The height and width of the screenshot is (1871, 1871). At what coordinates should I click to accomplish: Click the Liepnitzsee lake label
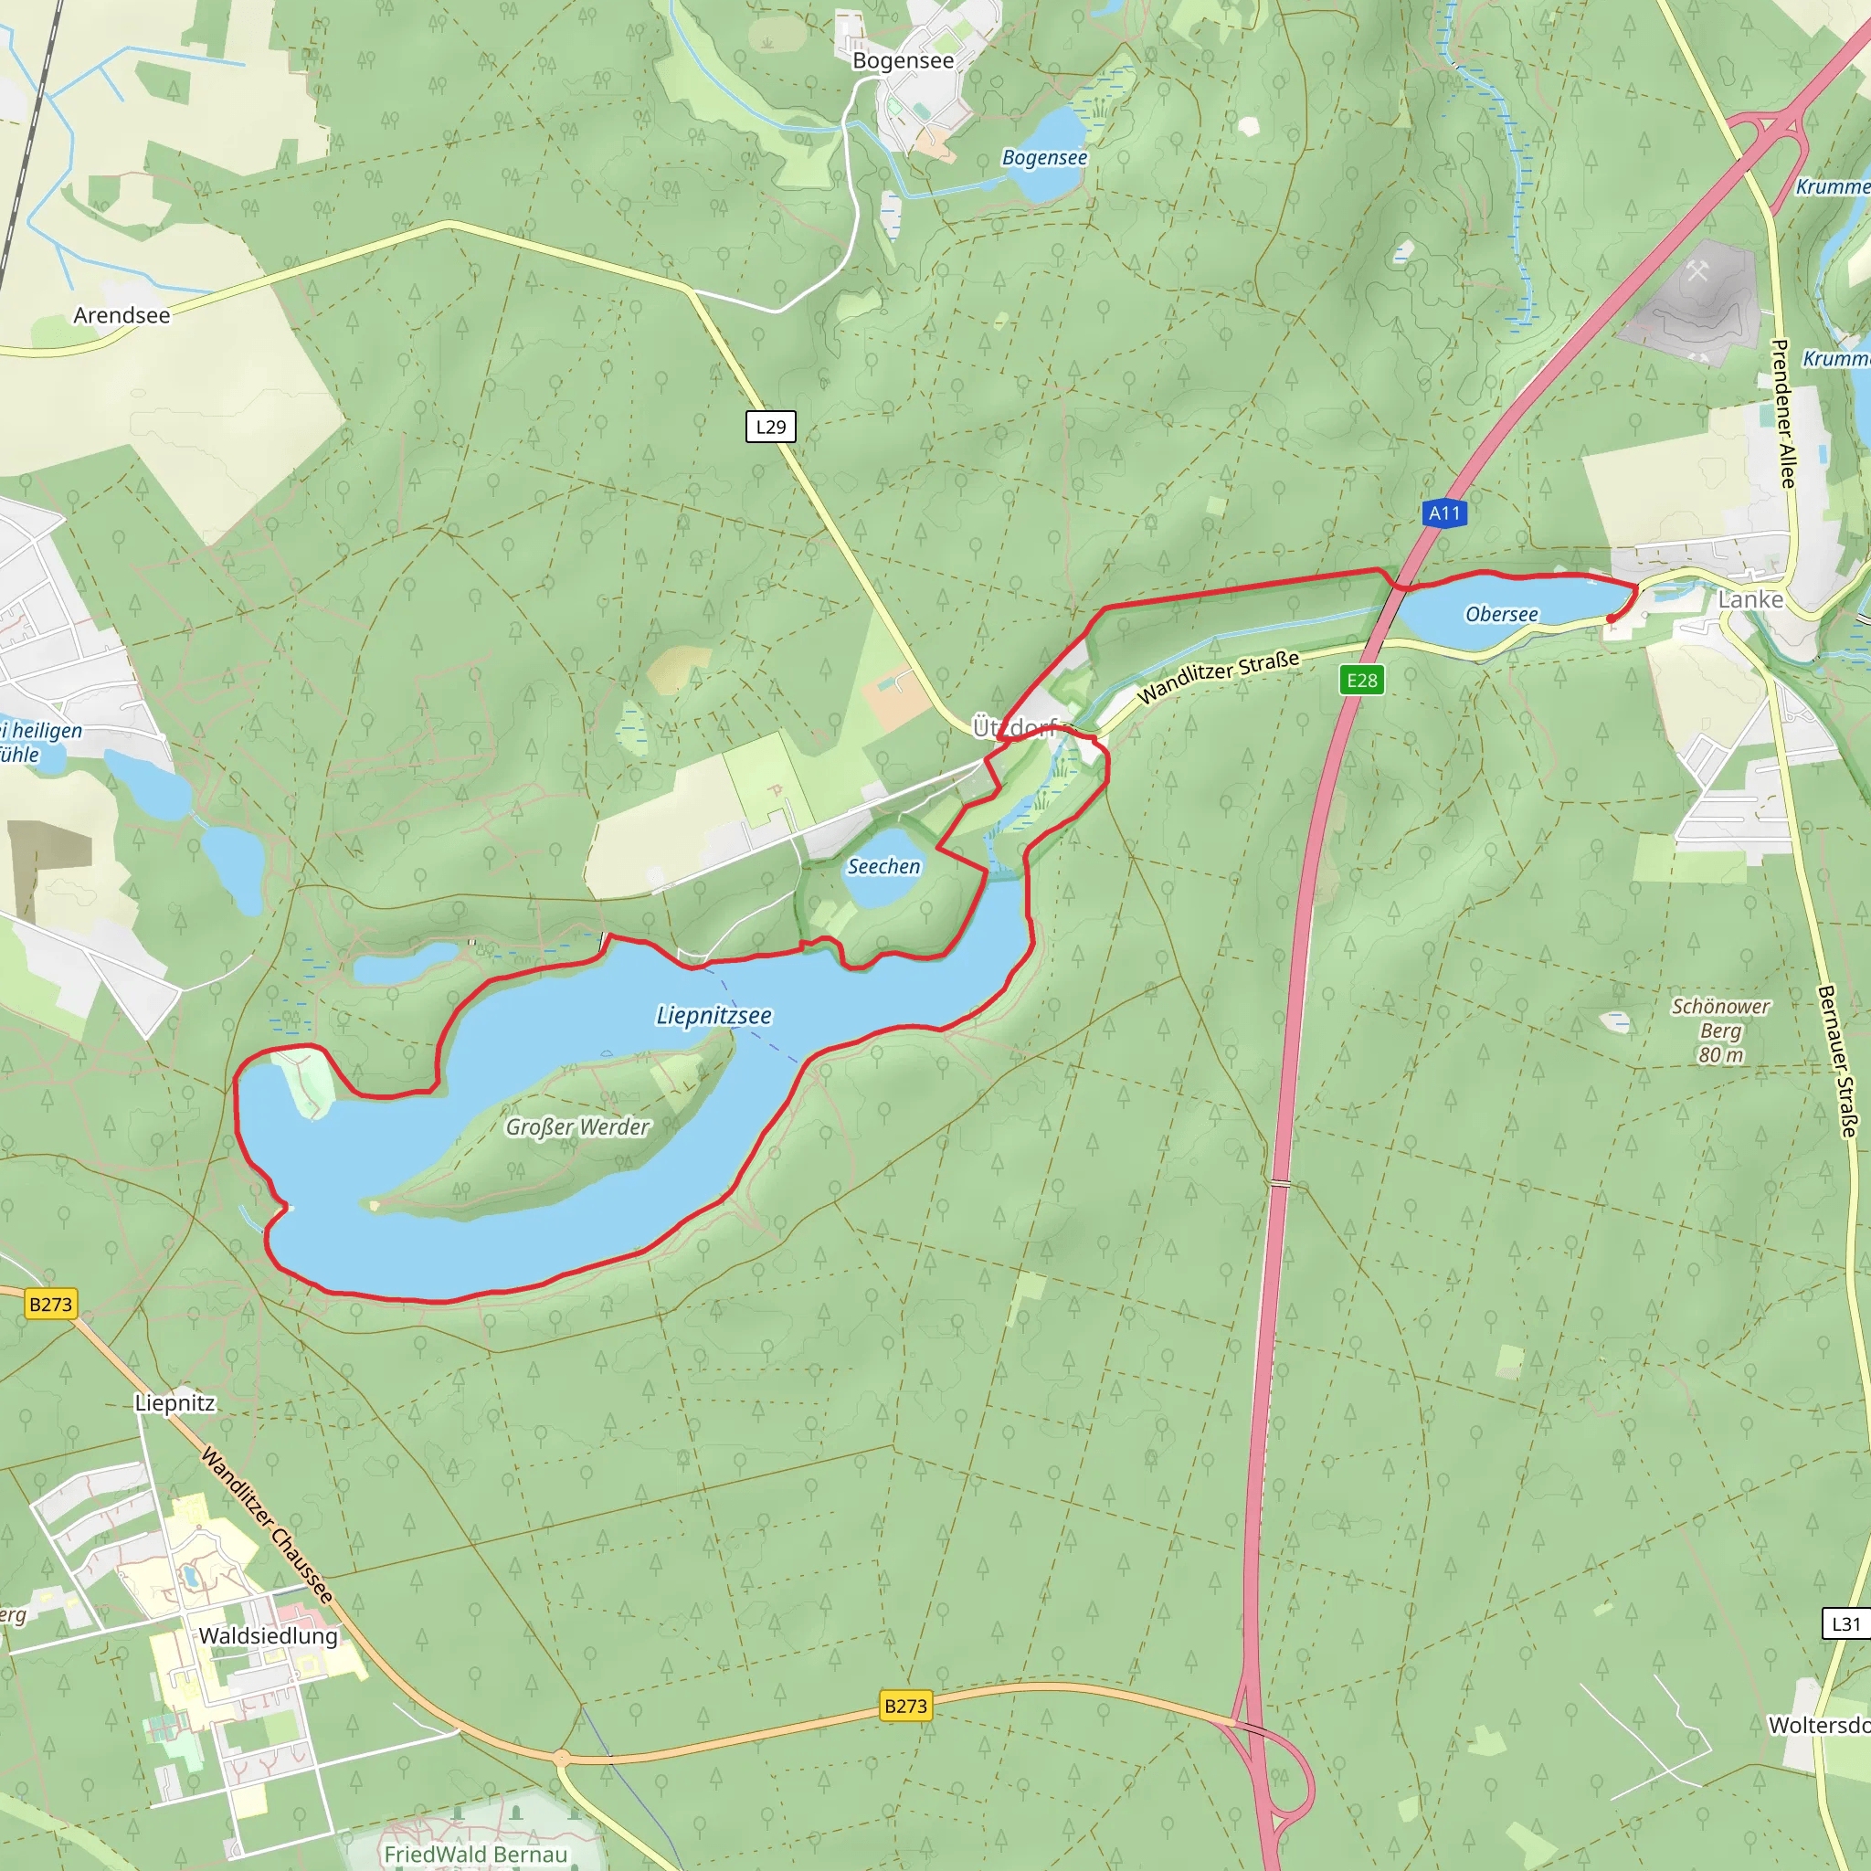pos(714,1015)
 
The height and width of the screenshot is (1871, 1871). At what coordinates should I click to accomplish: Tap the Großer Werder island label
pos(577,1126)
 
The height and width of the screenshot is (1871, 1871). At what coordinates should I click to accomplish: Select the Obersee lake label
pos(1501,614)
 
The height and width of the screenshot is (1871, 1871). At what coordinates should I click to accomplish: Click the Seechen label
pos(883,866)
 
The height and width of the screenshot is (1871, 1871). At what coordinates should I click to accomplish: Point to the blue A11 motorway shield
pos(1444,513)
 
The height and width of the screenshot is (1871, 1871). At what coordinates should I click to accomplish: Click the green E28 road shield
pos(1361,680)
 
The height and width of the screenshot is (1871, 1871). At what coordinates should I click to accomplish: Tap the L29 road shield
pos(771,426)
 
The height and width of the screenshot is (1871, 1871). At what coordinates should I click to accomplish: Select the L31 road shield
pos(1845,1624)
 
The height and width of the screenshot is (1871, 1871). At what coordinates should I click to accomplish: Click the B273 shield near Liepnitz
pos(50,1305)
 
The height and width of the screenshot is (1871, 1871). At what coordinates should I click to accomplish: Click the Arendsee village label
pos(122,316)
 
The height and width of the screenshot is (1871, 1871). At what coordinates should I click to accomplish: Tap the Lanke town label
pos(1749,599)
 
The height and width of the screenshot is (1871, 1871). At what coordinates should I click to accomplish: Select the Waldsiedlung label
pos(269,1635)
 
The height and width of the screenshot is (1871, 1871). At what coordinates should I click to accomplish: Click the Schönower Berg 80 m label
pos(1720,1031)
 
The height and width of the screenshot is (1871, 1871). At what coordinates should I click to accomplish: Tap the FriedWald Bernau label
pos(475,1854)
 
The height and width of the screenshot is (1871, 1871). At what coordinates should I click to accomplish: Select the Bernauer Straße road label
pos(1837,1061)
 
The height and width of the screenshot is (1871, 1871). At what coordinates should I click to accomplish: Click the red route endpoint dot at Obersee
pos(1611,618)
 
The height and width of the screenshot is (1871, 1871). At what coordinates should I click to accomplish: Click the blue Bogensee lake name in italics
pos(1044,157)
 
